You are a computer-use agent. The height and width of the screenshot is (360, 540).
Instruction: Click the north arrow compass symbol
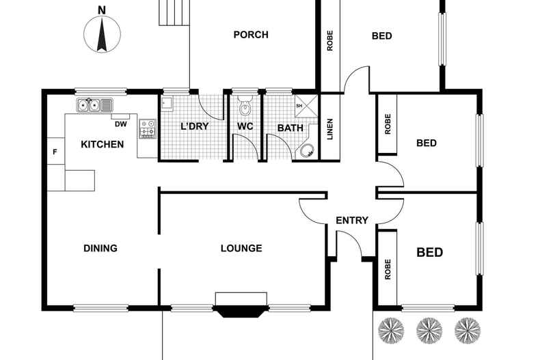tap(102, 33)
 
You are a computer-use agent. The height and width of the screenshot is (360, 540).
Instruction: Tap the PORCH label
tap(251, 35)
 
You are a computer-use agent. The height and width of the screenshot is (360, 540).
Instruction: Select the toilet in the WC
tap(245, 106)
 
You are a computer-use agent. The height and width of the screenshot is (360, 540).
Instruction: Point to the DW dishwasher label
tap(120, 124)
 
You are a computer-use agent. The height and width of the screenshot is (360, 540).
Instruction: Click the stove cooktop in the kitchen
tap(148, 128)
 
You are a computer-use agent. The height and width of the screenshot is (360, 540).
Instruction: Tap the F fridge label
tap(55, 151)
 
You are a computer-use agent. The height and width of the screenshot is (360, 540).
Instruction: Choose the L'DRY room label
tap(195, 126)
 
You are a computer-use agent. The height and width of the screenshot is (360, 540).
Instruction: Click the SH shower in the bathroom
tap(306, 105)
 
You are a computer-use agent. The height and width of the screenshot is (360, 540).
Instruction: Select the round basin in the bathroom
tap(307, 151)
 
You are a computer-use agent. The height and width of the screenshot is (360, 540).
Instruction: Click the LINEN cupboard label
tap(330, 129)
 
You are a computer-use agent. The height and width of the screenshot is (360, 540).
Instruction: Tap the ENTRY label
tap(352, 220)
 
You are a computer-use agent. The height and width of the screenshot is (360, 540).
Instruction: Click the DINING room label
tap(100, 248)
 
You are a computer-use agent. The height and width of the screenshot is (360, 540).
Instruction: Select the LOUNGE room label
tap(241, 248)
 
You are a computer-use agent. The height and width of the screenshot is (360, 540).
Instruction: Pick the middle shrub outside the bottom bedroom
tap(429, 331)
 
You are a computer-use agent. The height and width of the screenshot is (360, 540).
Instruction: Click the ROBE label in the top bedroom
tap(330, 41)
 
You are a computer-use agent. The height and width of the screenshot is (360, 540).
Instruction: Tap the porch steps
tap(174, 13)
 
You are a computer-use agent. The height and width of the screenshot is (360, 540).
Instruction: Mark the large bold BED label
tap(429, 253)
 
